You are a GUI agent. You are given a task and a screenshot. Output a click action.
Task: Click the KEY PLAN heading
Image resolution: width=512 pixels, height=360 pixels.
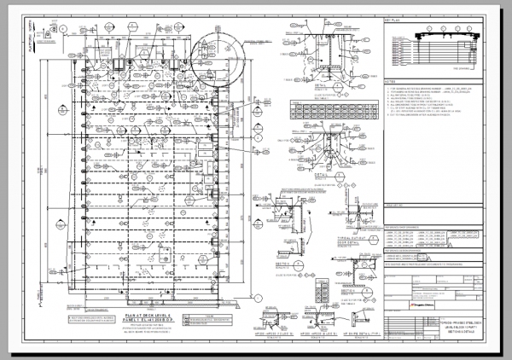393,18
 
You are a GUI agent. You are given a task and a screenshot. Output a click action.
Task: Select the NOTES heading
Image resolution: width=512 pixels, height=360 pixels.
391,83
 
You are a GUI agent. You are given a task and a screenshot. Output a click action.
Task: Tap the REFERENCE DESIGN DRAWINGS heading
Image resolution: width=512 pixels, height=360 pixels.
410,251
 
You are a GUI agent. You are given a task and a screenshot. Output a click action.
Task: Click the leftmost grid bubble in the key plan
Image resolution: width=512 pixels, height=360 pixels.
416,30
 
